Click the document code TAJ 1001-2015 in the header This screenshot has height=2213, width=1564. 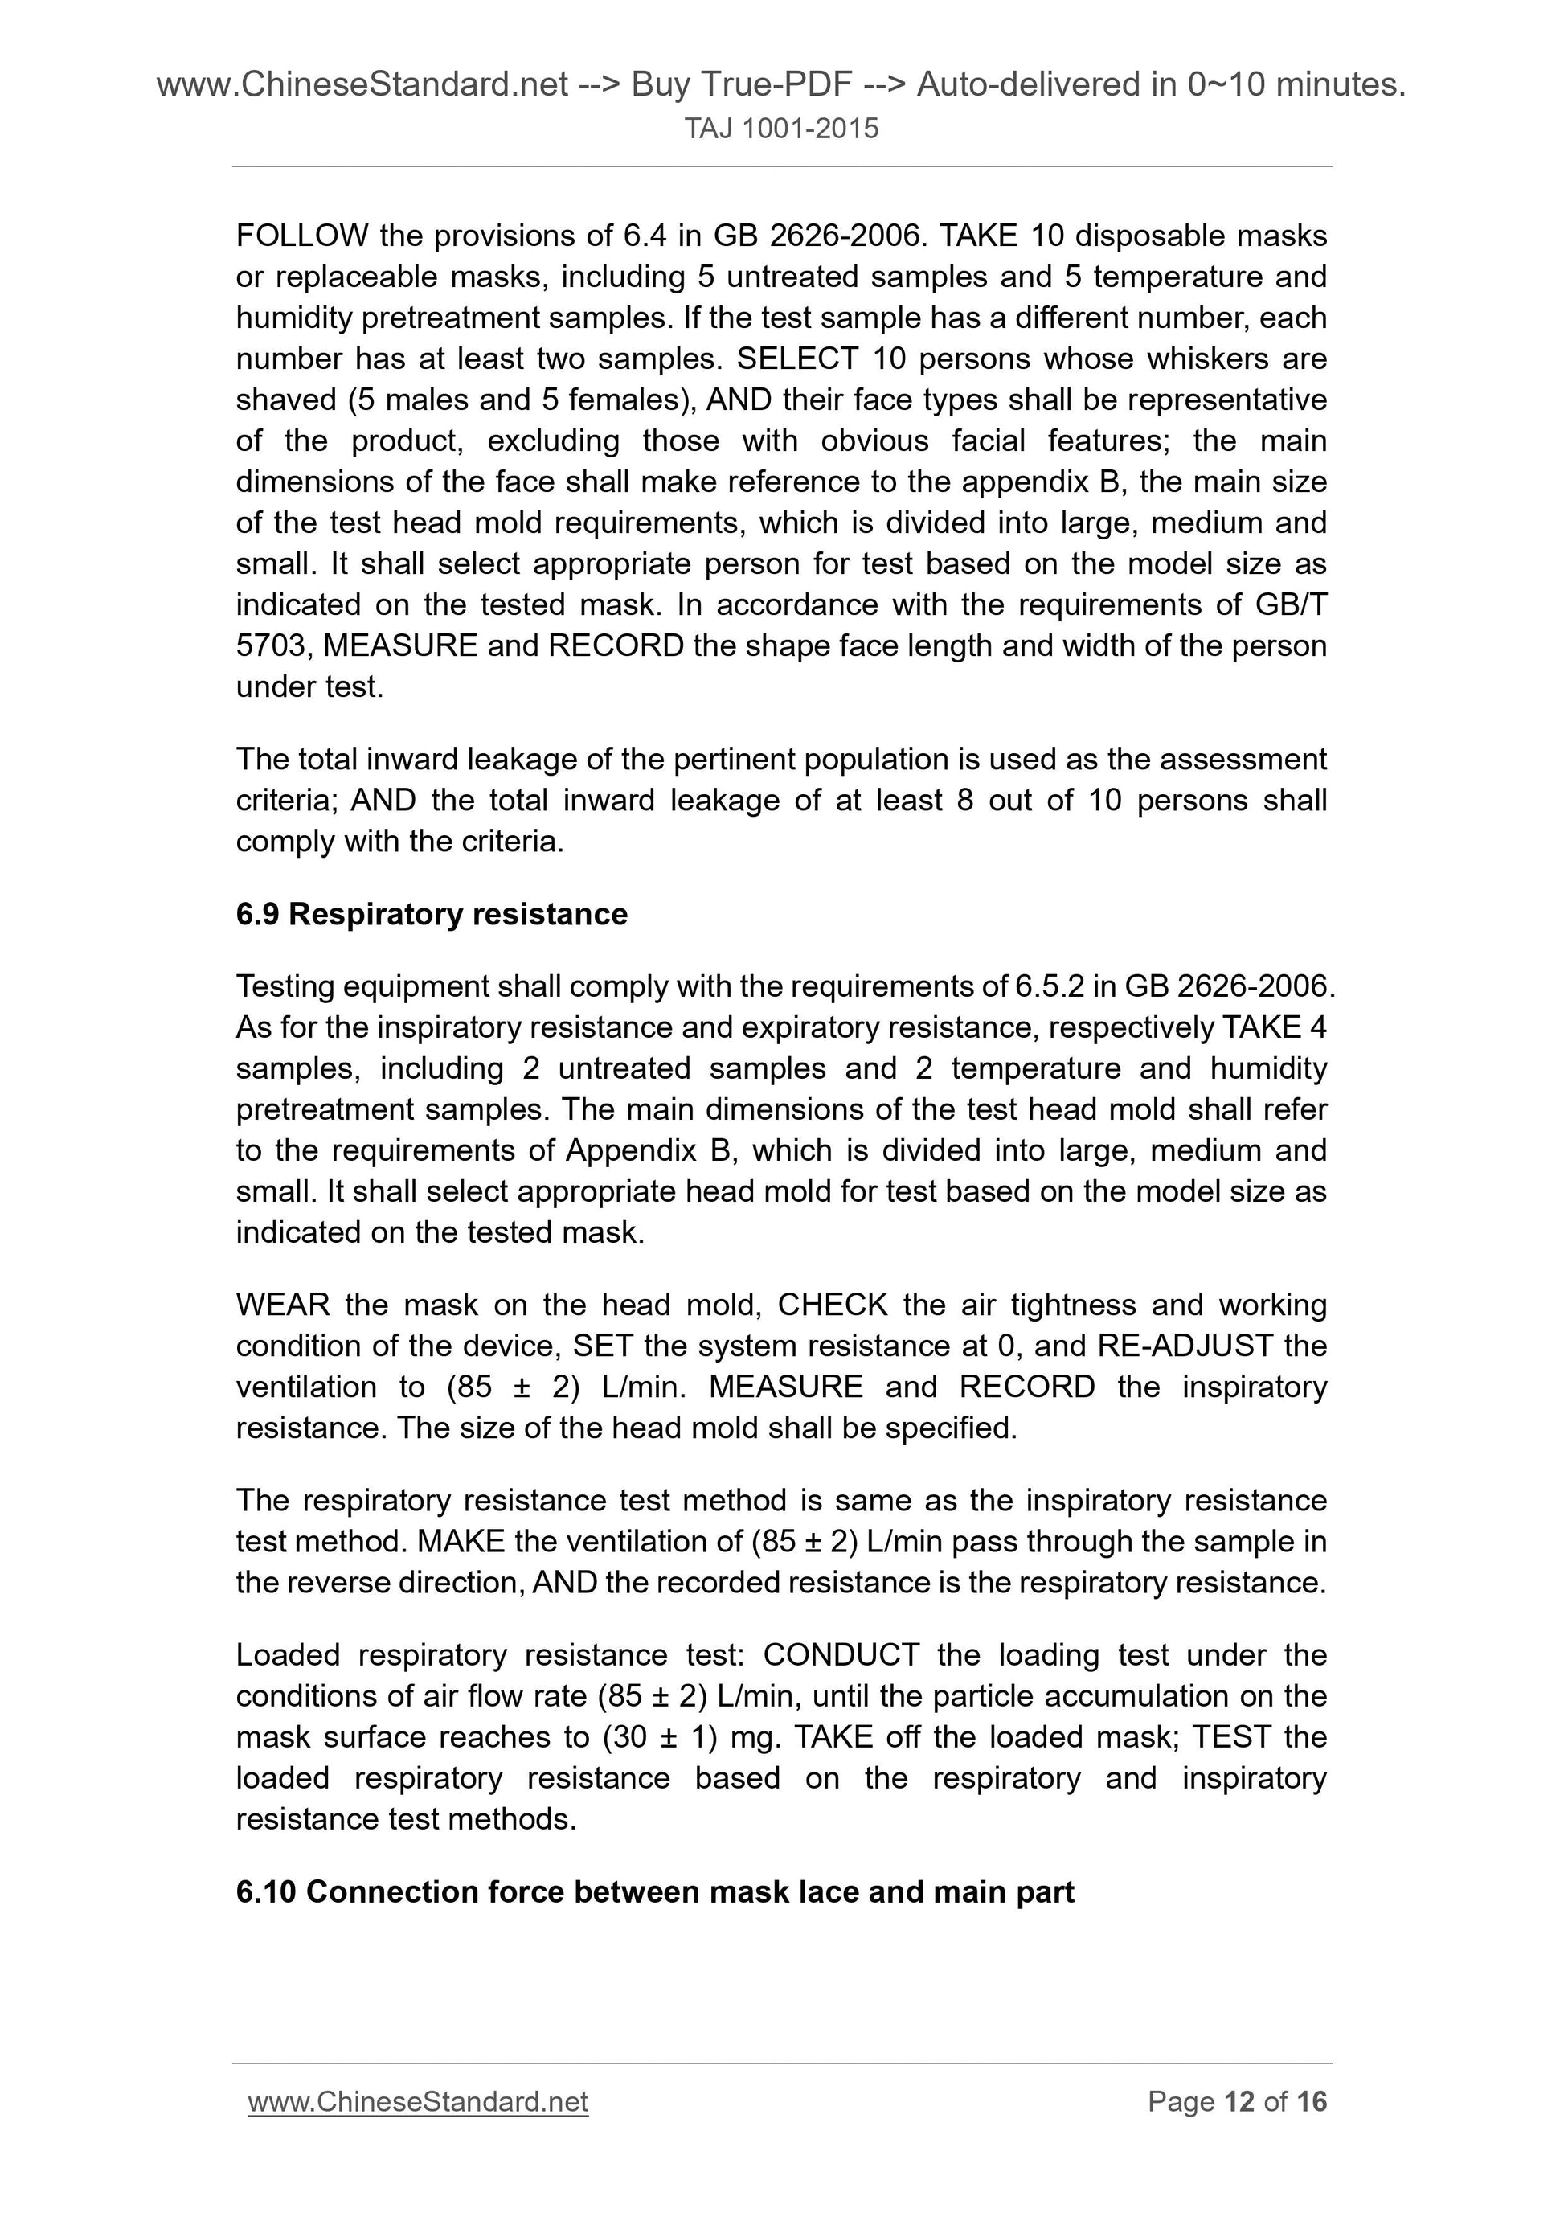click(781, 129)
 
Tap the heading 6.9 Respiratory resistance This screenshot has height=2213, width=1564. click(431, 914)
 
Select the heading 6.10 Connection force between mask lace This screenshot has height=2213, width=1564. click(654, 1892)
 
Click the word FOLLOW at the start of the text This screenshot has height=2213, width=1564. click(301, 236)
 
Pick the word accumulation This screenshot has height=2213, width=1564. click(1122, 1696)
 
